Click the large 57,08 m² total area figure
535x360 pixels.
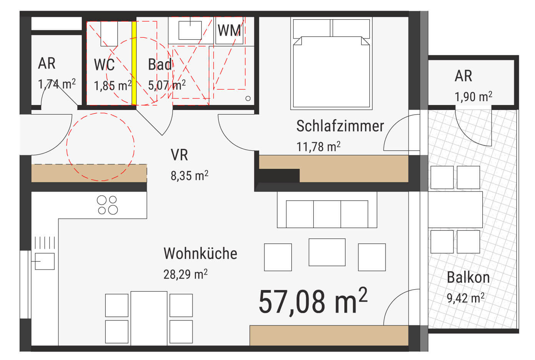click(x=313, y=301)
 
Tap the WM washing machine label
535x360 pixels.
click(x=229, y=31)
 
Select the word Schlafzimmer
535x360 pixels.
click(x=340, y=126)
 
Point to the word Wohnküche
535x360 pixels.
click(x=200, y=253)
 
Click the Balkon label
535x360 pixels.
click(x=468, y=278)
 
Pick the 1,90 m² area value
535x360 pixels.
click(x=474, y=97)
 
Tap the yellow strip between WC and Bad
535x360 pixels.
click(x=134, y=63)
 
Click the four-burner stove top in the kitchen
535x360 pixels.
click(x=107, y=205)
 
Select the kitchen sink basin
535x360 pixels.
click(x=45, y=261)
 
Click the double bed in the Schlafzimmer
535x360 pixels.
click(x=331, y=63)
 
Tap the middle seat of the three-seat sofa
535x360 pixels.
click(x=327, y=214)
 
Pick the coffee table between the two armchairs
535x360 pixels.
click(x=327, y=252)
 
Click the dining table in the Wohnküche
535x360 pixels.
click(x=149, y=318)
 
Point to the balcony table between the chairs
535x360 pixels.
click(x=455, y=209)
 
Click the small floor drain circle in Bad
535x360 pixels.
click(x=248, y=98)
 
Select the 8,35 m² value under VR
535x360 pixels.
click(x=189, y=176)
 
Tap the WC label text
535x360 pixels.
click(x=105, y=65)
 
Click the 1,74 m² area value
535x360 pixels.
click(x=57, y=84)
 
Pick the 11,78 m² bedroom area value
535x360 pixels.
click(x=318, y=147)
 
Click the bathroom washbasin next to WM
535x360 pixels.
click(x=190, y=30)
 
